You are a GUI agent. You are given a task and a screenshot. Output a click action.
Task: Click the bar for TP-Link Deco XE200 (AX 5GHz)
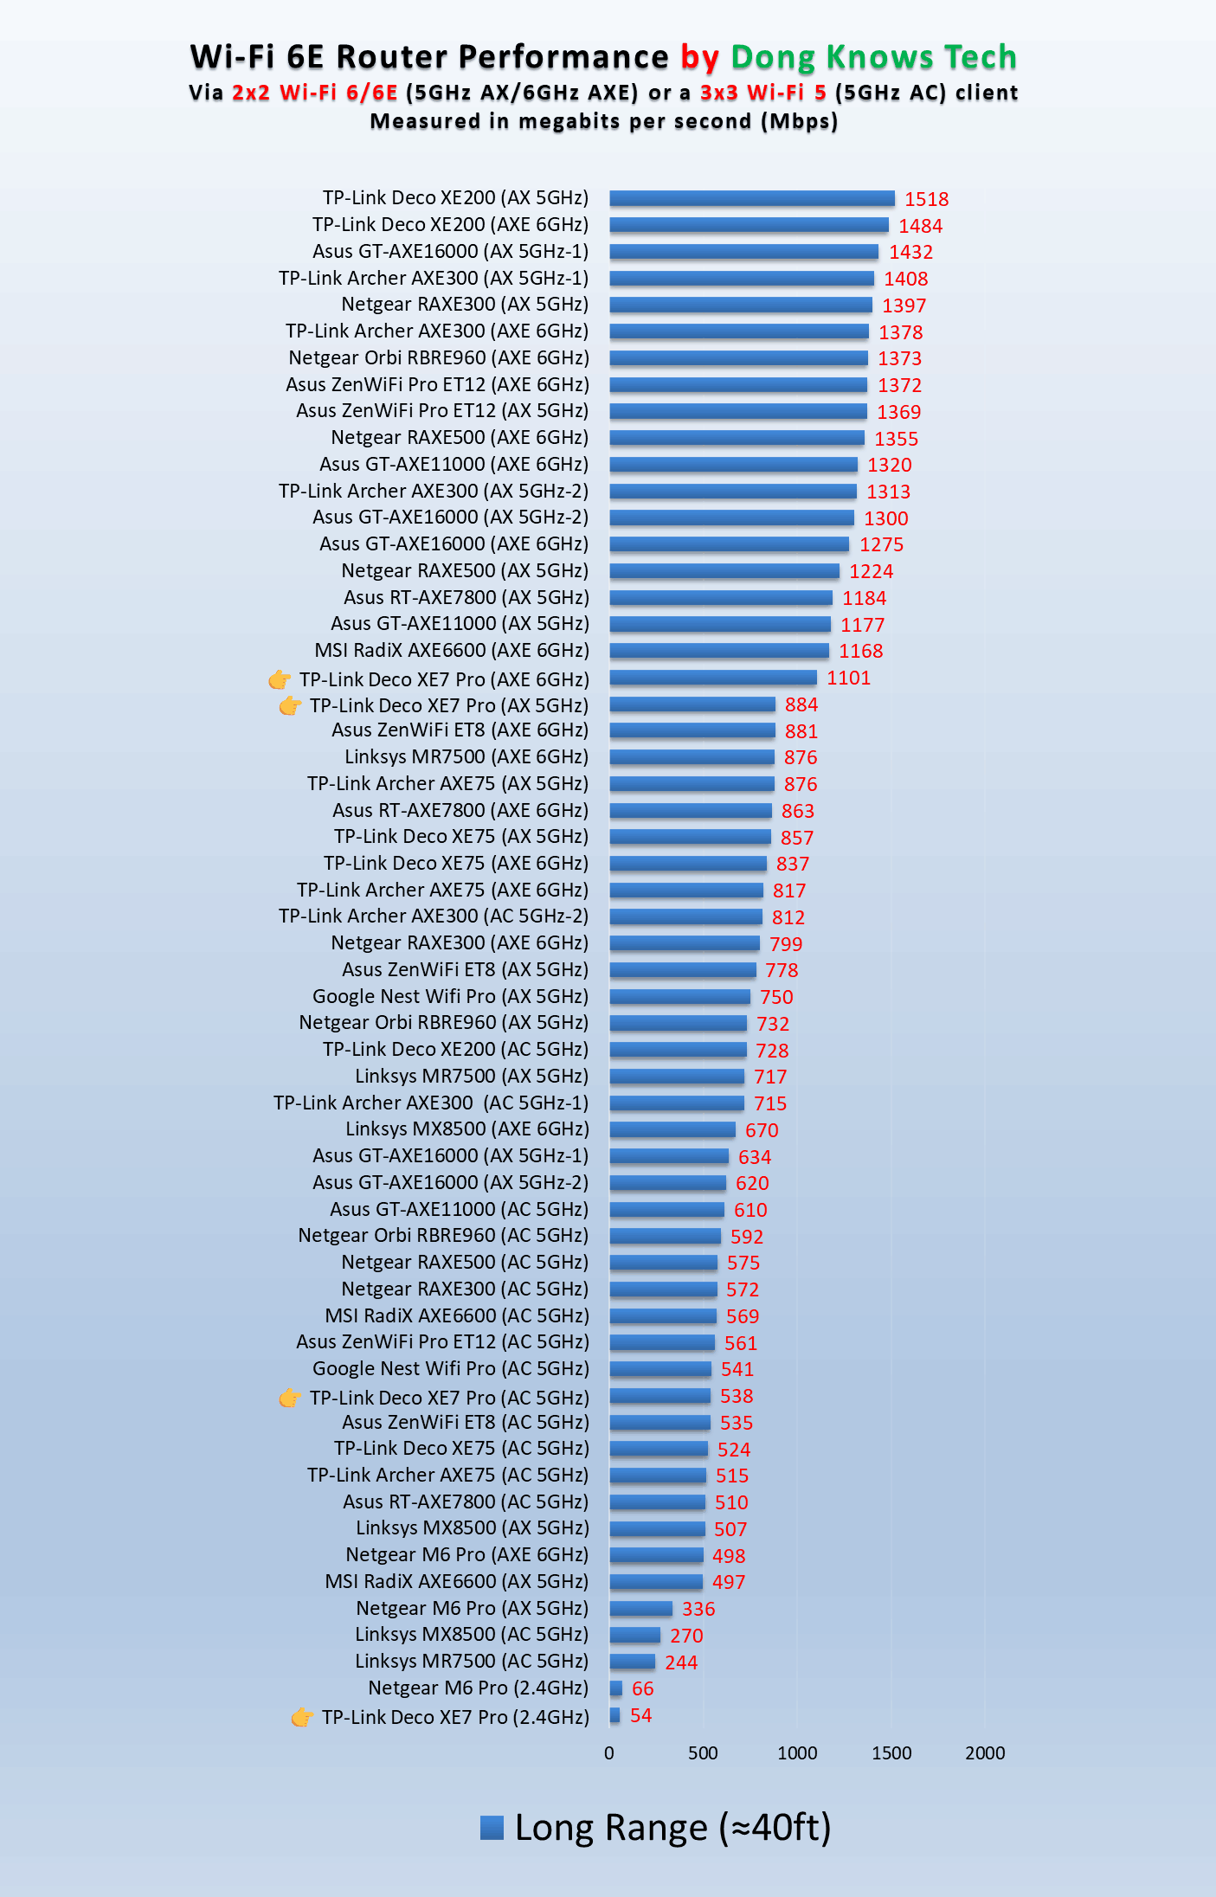[751, 198]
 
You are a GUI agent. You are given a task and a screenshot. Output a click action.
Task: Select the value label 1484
[920, 226]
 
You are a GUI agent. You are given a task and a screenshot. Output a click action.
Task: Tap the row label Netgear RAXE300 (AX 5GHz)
[465, 305]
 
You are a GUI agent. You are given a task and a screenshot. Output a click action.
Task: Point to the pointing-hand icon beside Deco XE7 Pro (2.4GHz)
[302, 1717]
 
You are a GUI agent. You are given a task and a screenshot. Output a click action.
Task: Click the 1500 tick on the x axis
[891, 1753]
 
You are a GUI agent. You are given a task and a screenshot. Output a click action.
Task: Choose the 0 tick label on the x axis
[609, 1753]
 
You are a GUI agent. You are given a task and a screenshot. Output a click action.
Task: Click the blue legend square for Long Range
[492, 1828]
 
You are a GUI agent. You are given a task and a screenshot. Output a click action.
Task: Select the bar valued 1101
[712, 678]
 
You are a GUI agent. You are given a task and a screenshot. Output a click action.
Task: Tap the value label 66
[642, 1688]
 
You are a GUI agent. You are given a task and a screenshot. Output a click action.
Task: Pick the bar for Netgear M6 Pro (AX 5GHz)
[640, 1609]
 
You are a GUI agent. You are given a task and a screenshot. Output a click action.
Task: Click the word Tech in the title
[980, 57]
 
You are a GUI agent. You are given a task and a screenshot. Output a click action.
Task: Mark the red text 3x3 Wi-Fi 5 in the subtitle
[762, 93]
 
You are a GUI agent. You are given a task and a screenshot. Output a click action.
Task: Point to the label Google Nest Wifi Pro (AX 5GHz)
[450, 996]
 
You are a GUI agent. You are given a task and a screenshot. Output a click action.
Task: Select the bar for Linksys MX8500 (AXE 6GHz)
[672, 1129]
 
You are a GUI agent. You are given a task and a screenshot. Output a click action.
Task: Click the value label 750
[776, 997]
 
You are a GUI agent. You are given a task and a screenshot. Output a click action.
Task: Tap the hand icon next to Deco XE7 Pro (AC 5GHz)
[290, 1398]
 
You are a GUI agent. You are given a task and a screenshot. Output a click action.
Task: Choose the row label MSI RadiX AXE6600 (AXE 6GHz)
[452, 651]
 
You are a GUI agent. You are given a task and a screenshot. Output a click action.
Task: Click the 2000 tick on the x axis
[985, 1753]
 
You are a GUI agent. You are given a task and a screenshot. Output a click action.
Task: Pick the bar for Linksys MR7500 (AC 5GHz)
[632, 1662]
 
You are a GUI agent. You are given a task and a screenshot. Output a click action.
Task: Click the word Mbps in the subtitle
[799, 121]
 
